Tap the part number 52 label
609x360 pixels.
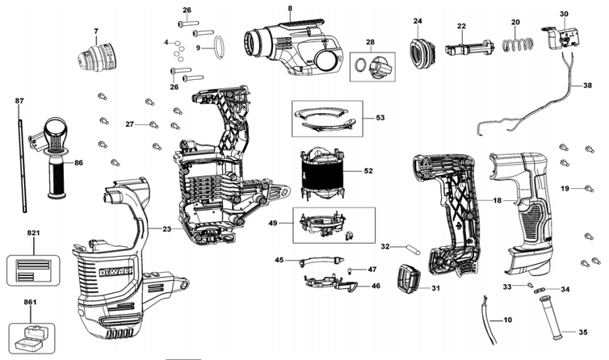point(368,171)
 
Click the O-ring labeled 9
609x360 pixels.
point(219,48)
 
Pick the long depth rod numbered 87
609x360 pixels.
point(22,165)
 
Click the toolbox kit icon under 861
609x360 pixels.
point(31,337)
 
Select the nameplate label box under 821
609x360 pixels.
point(33,270)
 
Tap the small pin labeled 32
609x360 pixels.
point(413,249)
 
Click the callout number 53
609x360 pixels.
point(380,117)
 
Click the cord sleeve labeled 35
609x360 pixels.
point(551,318)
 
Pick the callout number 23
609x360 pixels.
point(166,229)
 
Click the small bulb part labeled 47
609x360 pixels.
point(350,270)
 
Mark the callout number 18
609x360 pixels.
point(498,200)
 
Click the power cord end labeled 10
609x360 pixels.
point(489,320)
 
